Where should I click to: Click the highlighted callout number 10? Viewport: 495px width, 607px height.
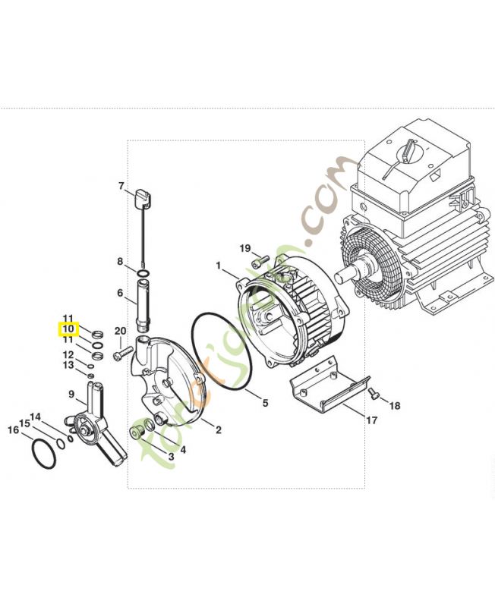68,329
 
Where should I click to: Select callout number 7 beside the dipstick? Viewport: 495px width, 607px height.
120,186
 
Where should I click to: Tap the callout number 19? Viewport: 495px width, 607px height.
245,249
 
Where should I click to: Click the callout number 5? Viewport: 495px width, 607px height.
265,403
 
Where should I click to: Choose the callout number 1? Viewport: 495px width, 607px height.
219,266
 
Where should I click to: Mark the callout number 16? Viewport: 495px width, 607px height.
13,430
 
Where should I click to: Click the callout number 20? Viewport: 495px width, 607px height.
120,331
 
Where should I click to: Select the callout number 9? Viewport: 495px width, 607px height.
71,395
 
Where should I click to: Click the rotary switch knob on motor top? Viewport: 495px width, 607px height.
411,150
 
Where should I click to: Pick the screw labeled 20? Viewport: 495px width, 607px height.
122,354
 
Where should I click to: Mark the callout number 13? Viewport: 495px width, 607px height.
68,366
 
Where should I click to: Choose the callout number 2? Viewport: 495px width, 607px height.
218,430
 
